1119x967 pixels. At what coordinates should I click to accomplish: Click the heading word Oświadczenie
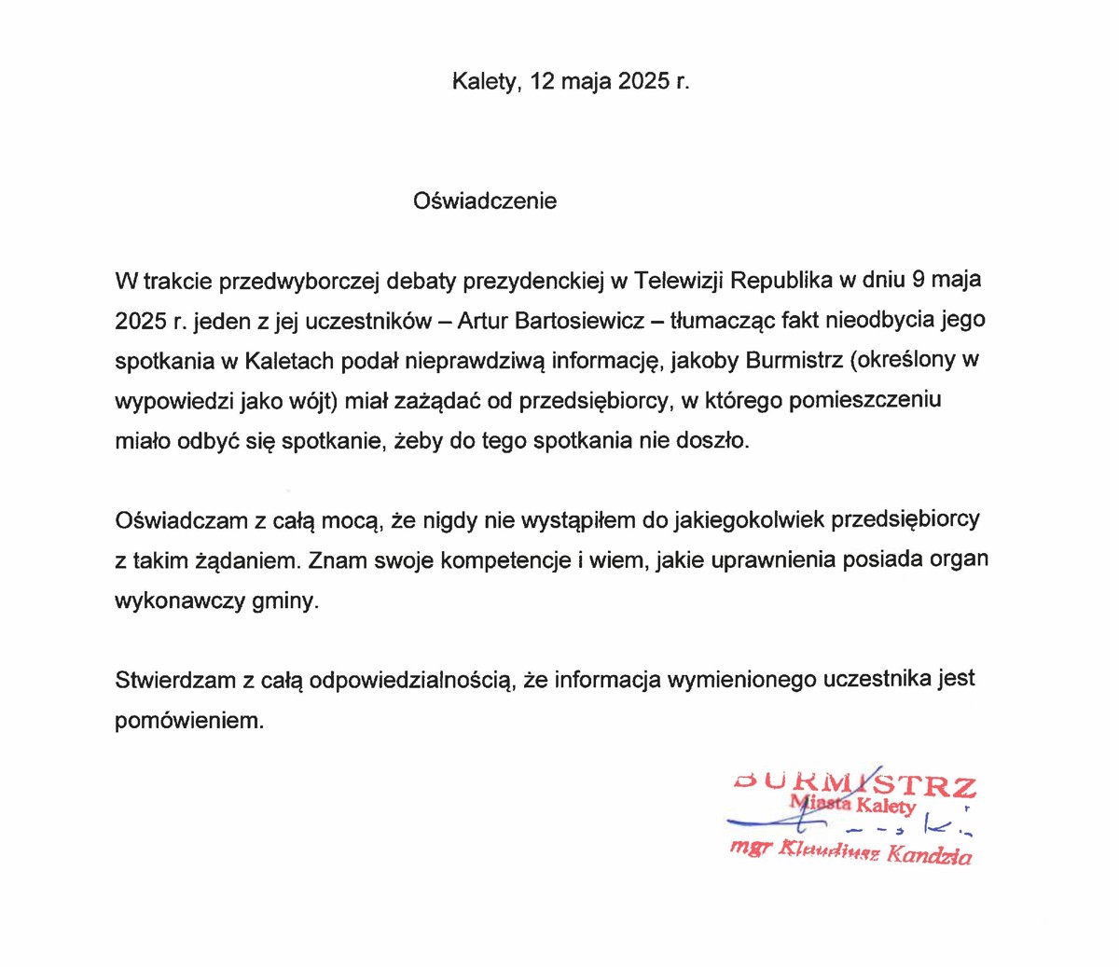[x=485, y=200]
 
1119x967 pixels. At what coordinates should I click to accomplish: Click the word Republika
[x=781, y=279]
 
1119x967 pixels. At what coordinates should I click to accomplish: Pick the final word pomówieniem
[x=189, y=721]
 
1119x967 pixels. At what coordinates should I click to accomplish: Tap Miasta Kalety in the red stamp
[x=852, y=804]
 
